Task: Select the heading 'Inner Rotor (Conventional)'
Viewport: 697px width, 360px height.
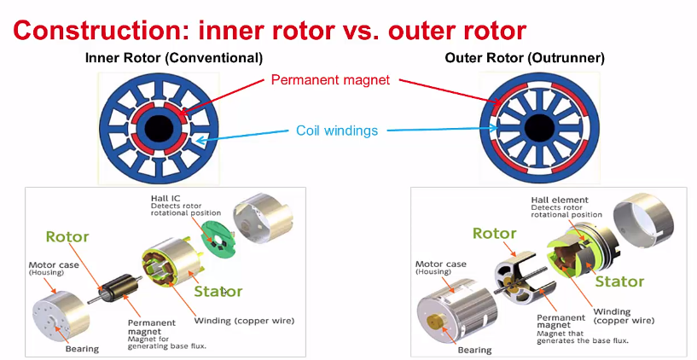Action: pyautogui.click(x=173, y=58)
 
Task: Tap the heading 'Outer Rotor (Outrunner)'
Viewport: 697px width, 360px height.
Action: pyautogui.click(x=525, y=58)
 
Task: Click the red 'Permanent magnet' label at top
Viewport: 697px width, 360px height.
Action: pyautogui.click(x=330, y=80)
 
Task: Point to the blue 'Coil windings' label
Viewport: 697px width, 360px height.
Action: pyautogui.click(x=336, y=131)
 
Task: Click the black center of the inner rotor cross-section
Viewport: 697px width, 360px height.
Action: pyautogui.click(x=160, y=129)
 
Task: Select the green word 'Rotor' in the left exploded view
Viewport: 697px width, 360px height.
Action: pyautogui.click(x=67, y=236)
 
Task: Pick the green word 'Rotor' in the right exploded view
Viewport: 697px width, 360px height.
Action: pyautogui.click(x=495, y=234)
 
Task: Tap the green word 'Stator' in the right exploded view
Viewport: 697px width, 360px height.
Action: pyautogui.click(x=619, y=281)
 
